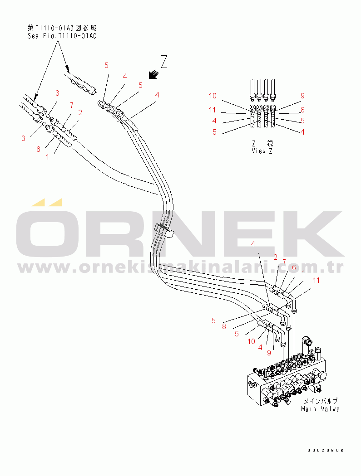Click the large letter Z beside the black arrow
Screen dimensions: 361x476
[x=164, y=62]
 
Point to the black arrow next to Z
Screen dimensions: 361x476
[x=153, y=74]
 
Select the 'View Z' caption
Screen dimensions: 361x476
[x=262, y=151]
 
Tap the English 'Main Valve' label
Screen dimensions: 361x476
[x=320, y=409]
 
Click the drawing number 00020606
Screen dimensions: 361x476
[x=326, y=451]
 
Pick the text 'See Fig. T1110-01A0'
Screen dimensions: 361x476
[x=62, y=36]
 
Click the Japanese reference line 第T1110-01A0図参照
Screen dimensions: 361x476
[x=62, y=28]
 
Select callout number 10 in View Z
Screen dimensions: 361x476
[x=213, y=96]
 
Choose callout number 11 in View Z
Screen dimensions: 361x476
[x=212, y=110]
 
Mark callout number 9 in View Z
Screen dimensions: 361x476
[x=302, y=96]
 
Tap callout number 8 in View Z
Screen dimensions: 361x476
[x=302, y=110]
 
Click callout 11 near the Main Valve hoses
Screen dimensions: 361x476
[x=316, y=280]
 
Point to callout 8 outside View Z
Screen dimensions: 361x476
[x=224, y=327]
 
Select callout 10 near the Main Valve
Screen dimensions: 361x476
[x=251, y=341]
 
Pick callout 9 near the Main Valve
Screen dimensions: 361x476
[x=269, y=352]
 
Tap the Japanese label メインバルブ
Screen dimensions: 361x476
[x=321, y=401]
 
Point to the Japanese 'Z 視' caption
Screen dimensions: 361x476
[x=262, y=143]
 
